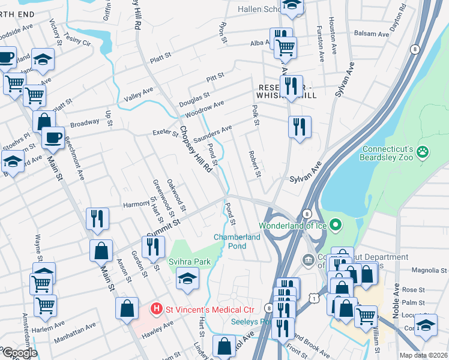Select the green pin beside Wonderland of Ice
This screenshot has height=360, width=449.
[x=336, y=226]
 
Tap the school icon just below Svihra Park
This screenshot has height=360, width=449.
[x=187, y=278]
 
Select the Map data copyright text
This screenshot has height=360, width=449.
[x=424, y=355]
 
